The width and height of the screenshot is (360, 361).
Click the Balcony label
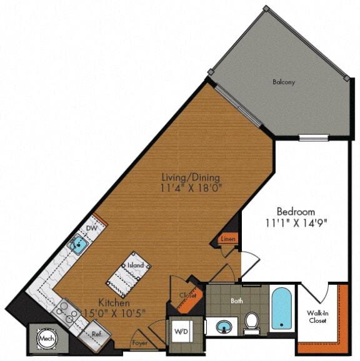click(x=283, y=82)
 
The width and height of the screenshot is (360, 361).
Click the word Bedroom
click(x=296, y=211)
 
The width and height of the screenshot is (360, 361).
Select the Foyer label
click(x=139, y=343)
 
